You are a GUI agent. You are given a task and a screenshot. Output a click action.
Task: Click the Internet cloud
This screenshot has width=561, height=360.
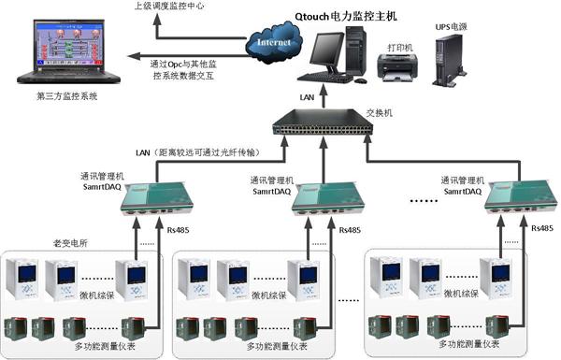(273, 42)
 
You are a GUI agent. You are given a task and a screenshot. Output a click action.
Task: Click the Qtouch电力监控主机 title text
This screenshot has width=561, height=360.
(360, 15)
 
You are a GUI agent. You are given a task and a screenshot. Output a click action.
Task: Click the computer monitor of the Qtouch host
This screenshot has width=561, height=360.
(333, 50)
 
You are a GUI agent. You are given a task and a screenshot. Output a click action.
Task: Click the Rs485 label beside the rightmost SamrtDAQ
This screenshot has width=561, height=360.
(541, 227)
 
